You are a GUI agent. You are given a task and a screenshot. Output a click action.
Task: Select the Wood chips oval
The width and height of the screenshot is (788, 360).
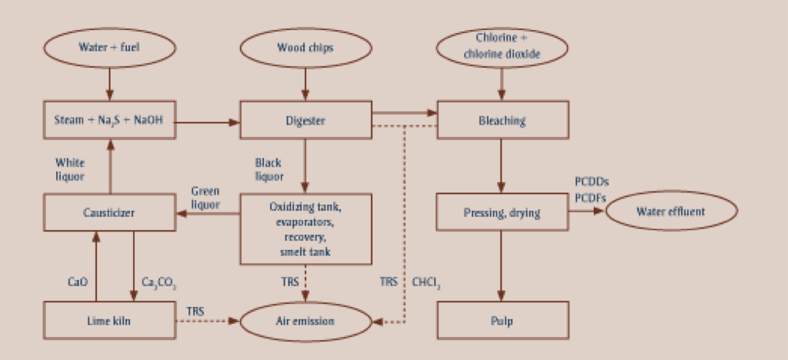306,48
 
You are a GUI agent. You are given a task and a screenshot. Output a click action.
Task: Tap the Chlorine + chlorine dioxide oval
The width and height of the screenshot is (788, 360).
503,48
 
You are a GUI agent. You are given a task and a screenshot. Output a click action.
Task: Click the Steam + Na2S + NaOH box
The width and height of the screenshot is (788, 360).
109,120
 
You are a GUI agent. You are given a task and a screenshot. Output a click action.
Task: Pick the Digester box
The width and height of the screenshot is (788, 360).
306,120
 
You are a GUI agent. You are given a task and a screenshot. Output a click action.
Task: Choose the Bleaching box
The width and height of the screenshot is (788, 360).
503,120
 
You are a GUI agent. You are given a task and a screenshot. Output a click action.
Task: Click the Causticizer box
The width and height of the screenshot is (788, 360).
109,213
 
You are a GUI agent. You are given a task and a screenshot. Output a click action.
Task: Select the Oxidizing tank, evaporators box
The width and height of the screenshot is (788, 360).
306,228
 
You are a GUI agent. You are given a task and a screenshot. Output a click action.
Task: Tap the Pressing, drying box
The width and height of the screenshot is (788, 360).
503,212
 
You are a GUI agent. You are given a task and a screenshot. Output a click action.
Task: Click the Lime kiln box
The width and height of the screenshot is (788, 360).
109,320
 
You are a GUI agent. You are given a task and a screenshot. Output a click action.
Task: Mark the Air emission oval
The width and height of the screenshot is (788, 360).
306,320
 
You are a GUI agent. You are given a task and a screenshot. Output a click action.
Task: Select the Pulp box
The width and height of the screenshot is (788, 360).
503,320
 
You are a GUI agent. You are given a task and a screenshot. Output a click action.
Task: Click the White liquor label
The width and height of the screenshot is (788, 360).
70,170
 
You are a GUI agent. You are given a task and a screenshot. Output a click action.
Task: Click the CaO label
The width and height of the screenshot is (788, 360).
79,282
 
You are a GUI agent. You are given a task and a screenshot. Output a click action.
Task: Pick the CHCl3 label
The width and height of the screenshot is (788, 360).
427,282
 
